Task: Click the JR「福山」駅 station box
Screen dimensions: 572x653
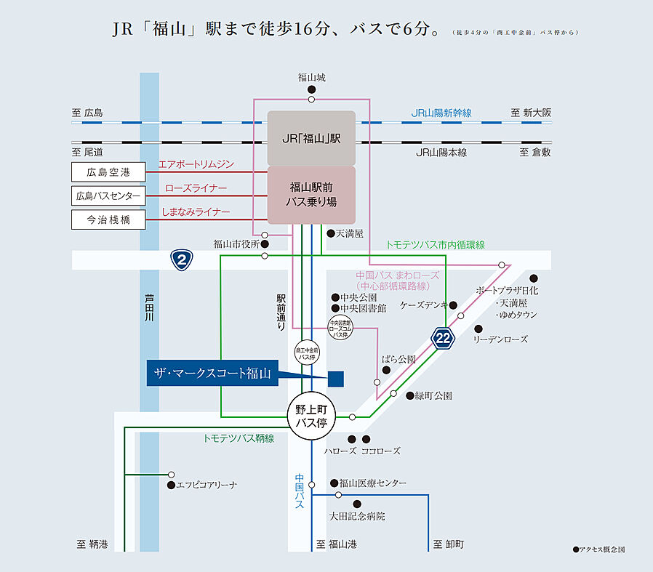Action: [311, 138]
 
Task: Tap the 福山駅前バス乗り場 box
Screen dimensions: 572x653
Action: [311, 195]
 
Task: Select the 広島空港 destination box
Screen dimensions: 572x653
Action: [108, 172]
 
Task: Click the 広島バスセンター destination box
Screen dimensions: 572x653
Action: [108, 196]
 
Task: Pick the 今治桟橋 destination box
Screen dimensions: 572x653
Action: [108, 219]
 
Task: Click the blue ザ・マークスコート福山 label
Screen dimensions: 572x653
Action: [212, 374]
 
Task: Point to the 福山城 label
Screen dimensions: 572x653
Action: [311, 76]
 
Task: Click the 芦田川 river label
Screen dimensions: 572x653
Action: [149, 312]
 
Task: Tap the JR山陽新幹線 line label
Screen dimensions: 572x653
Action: [441, 113]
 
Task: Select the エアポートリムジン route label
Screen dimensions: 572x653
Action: [196, 165]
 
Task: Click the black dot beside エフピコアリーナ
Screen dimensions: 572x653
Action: [170, 485]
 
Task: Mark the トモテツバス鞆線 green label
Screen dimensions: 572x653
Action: [239, 438]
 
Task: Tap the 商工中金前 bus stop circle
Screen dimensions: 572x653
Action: [307, 353]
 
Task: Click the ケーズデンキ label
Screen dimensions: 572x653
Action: [422, 305]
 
